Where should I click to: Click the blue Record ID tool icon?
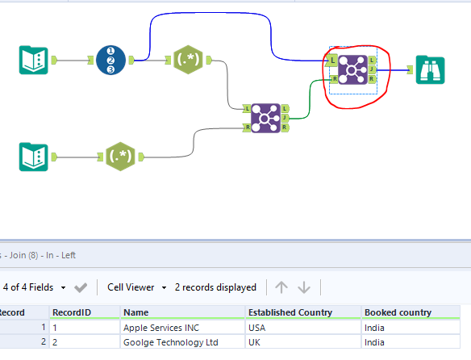click(110, 60)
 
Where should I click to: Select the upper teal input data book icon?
click(33, 60)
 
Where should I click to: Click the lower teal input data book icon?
click(33, 156)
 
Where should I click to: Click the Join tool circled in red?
click(352, 69)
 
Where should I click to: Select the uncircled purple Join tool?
click(266, 117)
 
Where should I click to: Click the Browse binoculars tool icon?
click(430, 69)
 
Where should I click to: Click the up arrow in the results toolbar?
click(281, 287)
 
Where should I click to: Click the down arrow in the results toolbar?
click(304, 287)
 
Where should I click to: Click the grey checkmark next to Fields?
click(81, 287)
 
